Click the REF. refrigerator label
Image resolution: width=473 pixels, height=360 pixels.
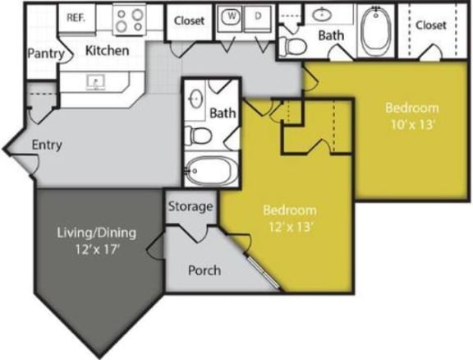click(76, 16)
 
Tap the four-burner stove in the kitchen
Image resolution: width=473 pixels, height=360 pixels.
click(129, 20)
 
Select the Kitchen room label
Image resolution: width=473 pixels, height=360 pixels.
click(108, 51)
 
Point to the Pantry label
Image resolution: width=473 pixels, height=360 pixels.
click(45, 54)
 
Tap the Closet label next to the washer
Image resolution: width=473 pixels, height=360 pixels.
click(190, 21)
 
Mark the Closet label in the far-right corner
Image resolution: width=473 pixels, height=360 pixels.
click(430, 25)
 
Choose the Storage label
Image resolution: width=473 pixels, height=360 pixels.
click(191, 206)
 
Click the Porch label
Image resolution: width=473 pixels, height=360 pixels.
click(204, 270)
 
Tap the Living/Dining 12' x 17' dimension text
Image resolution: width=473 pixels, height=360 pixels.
click(96, 248)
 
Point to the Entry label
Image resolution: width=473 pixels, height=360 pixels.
click(47, 145)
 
